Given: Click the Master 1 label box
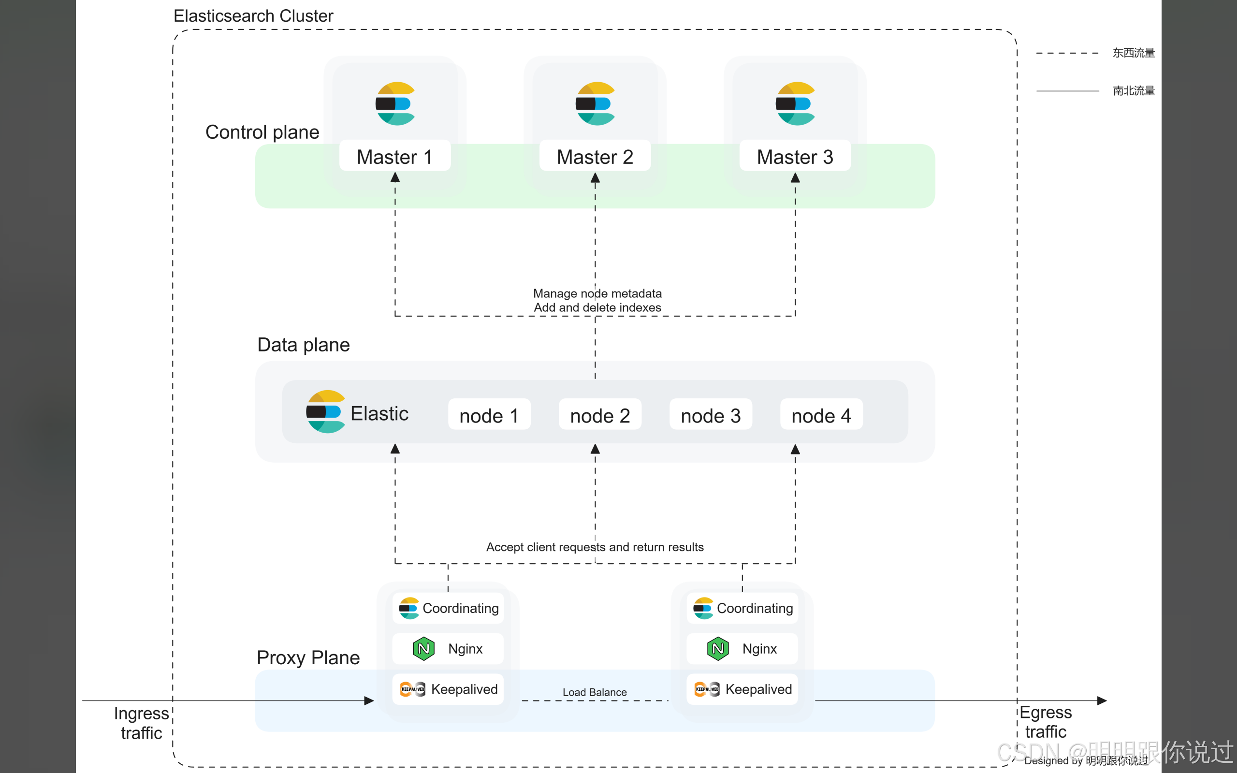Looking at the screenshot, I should tap(394, 156).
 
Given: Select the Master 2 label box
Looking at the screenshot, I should tap(595, 156).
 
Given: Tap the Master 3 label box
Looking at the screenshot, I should tap(795, 156).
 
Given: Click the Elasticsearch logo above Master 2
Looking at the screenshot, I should tap(595, 104).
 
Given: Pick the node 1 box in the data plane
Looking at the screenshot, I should tap(489, 415).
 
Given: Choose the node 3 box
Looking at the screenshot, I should tap(711, 415).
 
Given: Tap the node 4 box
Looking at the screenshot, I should tap(821, 415).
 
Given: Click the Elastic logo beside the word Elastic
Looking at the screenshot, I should tap(326, 411).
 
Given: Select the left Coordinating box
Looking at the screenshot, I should tap(448, 608).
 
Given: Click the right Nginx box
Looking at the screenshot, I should tap(742, 648).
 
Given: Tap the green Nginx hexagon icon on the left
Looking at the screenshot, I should tap(424, 648).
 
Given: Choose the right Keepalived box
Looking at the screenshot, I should tap(742, 689).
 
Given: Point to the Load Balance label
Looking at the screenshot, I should tap(595, 692).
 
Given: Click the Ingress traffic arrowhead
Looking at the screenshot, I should tap(369, 700).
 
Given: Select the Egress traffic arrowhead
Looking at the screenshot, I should tap(1102, 700).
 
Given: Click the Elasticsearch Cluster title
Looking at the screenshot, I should tap(253, 16).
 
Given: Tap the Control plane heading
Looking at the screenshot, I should tap(262, 132).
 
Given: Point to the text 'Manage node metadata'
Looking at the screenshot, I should tap(597, 293).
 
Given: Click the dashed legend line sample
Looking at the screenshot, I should tap(1067, 53).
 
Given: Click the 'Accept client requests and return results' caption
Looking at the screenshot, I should tap(595, 547).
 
